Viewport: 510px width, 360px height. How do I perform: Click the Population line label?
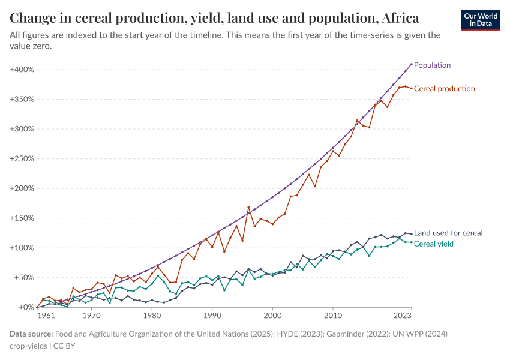[432, 65]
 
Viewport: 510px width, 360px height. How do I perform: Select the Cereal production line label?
[444, 89]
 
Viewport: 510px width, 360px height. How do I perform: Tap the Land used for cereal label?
[448, 233]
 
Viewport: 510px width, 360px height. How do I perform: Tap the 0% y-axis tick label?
[25, 307]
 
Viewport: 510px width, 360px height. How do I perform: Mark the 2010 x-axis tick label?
[332, 315]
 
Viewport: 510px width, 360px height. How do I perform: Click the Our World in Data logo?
[481, 20]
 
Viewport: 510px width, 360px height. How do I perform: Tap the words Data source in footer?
[31, 334]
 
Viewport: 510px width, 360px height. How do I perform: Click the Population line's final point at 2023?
[411, 64]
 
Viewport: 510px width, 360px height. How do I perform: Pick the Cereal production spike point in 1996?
[248, 207]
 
